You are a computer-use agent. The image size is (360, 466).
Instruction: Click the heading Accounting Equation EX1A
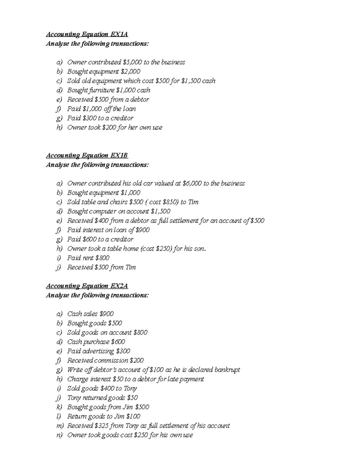[87, 34]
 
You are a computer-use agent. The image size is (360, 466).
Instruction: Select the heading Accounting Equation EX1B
[87, 155]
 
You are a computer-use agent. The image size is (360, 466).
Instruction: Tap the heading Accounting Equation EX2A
[87, 286]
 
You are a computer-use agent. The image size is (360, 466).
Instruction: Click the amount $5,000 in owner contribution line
[132, 62]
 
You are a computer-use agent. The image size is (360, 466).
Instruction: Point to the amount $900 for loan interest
[142, 230]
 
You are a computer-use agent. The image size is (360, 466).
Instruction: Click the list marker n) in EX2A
[59, 435]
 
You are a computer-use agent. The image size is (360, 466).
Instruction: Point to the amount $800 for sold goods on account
[140, 332]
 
